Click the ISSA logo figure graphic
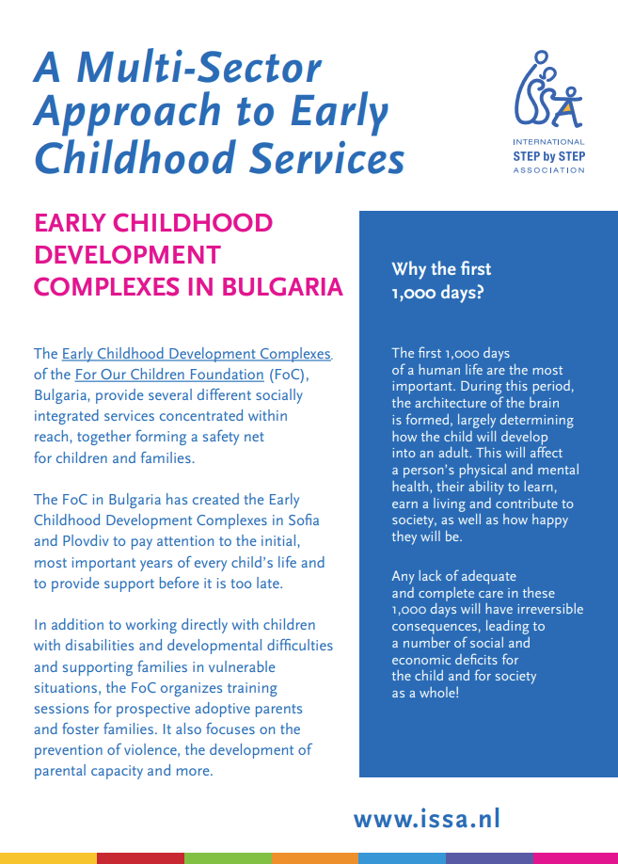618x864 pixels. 547,90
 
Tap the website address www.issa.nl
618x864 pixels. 426,818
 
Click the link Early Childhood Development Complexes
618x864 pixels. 197,354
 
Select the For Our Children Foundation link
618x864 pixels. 169,375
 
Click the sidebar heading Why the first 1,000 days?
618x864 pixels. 441,280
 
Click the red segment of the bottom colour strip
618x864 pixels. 140,857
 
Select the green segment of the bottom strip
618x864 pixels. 228,857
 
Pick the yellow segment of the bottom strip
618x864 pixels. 48,857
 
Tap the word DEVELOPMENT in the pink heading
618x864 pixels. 127,255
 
